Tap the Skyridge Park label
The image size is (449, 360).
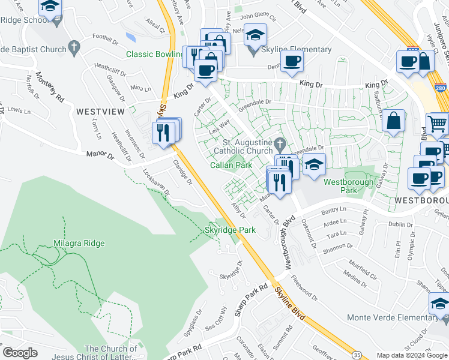[x=231, y=230]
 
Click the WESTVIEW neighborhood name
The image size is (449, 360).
[x=100, y=111]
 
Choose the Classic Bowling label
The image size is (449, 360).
[x=154, y=54]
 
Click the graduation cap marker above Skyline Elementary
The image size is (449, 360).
[x=255, y=34]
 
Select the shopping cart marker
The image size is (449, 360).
[x=438, y=124]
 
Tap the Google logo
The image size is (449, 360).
[x=20, y=353]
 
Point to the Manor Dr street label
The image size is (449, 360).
[x=101, y=155]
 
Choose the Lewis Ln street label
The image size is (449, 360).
[x=19, y=111]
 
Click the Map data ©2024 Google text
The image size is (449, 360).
[x=412, y=355]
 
